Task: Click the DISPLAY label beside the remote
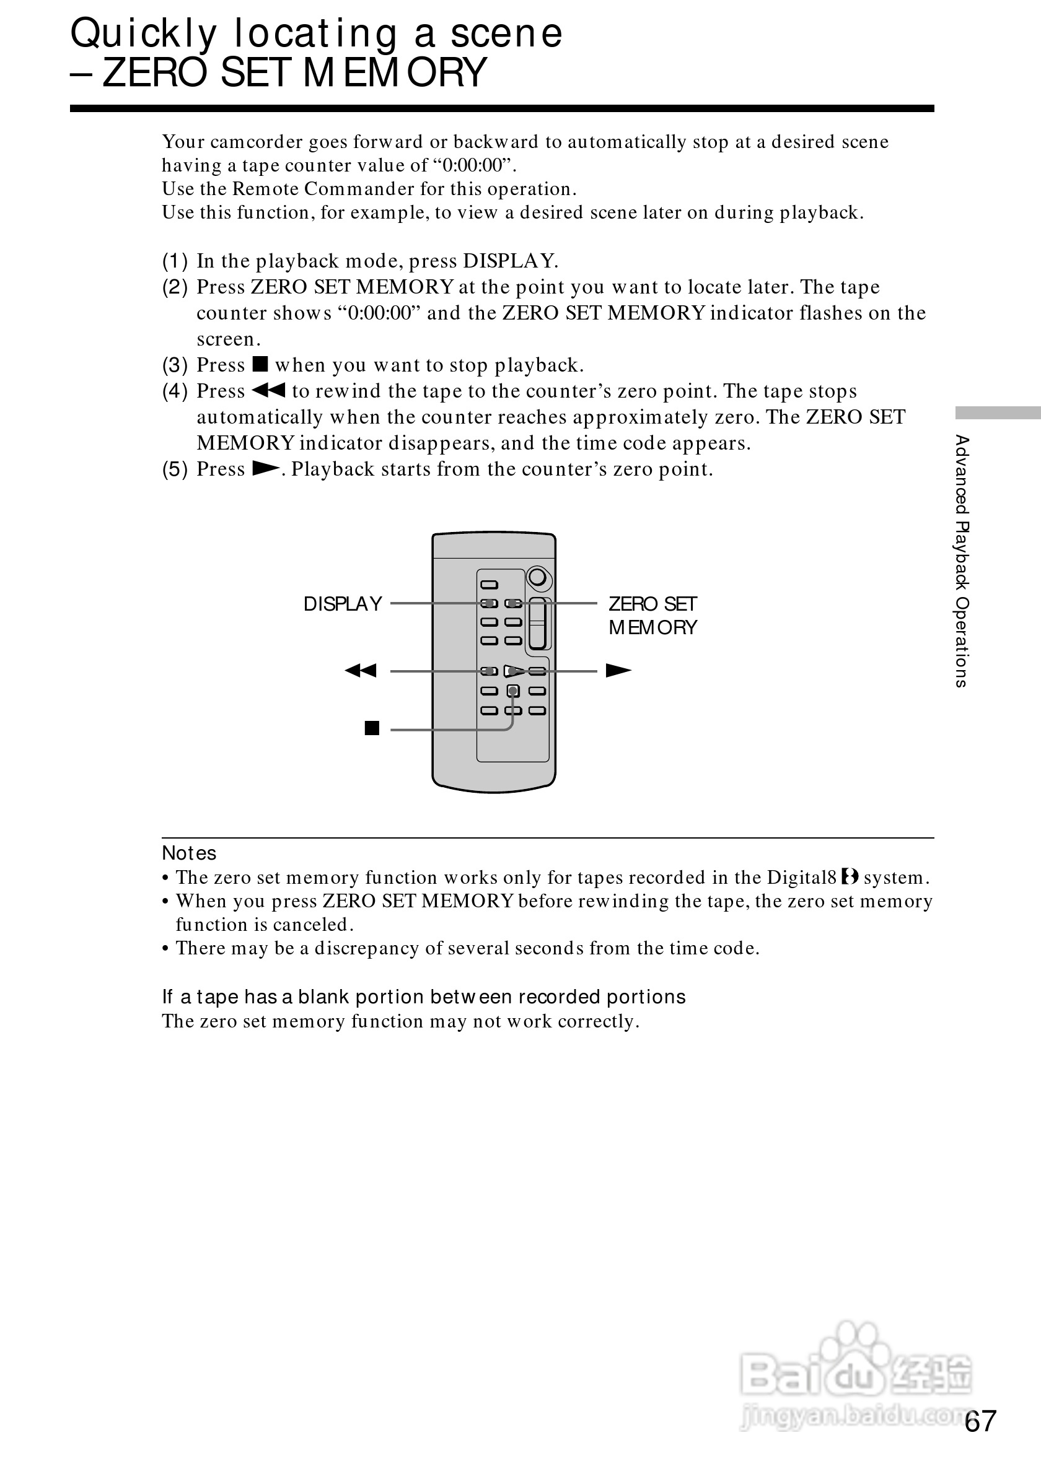342,603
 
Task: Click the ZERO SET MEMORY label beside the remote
652,615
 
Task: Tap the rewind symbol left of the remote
360,671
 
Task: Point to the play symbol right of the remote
618,671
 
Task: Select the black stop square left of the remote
372,728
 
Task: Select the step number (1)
175,261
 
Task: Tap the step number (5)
175,469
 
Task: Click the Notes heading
189,853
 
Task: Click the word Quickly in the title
143,33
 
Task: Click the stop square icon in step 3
260,365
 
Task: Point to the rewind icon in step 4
268,390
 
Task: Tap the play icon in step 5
265,469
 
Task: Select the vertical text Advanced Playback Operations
961,561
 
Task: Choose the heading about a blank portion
424,997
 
